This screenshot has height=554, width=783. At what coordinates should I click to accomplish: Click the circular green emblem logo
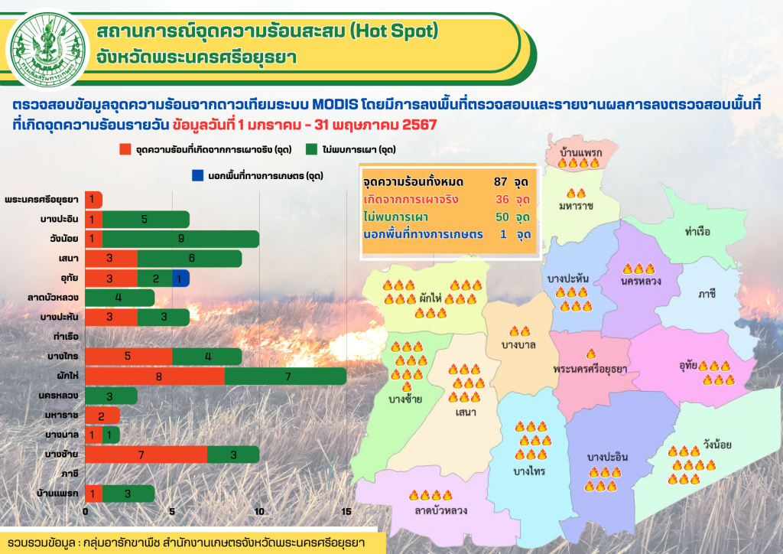(x=48, y=50)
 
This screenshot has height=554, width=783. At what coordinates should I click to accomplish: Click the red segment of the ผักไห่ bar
(x=154, y=376)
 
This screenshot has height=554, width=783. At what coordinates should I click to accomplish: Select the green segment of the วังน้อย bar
(x=180, y=239)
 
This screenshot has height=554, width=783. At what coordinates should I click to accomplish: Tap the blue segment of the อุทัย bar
(x=180, y=279)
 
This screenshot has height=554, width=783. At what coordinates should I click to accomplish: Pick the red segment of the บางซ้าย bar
(x=146, y=455)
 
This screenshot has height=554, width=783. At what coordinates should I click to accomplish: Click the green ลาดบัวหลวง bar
(x=120, y=298)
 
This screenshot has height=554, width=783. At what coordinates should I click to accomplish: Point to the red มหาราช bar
(x=102, y=415)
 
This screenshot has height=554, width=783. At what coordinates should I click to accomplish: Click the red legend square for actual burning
(x=125, y=149)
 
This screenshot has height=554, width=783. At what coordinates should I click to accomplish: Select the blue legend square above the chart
(x=198, y=175)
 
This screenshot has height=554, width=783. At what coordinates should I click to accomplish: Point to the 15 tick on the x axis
(x=346, y=512)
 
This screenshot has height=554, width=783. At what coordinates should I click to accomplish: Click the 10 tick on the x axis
(x=259, y=512)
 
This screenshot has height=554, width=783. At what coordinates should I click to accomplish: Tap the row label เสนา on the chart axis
(x=68, y=259)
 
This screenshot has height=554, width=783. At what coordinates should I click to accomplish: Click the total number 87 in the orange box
(x=500, y=182)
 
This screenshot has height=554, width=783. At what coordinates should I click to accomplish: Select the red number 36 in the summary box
(x=502, y=199)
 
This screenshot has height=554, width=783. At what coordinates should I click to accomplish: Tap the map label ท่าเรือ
(x=697, y=231)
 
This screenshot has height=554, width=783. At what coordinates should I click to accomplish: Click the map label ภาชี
(x=707, y=294)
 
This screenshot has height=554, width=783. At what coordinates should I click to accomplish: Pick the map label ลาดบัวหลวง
(x=441, y=510)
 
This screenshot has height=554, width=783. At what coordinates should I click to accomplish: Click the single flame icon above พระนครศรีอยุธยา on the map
(x=591, y=354)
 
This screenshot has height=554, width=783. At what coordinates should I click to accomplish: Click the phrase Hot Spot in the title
(x=394, y=31)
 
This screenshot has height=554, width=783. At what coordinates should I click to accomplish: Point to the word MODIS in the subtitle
(x=335, y=105)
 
